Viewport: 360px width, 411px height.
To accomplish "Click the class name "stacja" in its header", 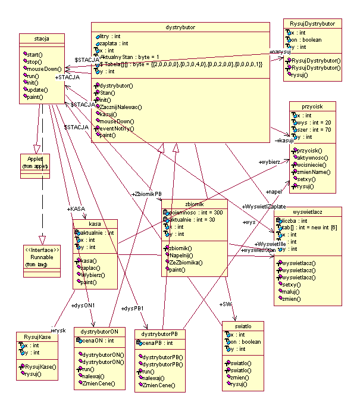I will click(x=41, y=39).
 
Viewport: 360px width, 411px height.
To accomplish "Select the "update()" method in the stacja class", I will click(x=38, y=89).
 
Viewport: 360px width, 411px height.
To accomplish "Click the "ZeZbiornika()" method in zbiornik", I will click(x=186, y=262).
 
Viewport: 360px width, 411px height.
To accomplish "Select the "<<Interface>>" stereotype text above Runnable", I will click(x=38, y=249).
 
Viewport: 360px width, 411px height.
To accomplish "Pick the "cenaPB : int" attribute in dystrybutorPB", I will click(x=156, y=343).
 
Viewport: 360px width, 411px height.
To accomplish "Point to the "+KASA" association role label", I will click(x=76, y=209).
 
